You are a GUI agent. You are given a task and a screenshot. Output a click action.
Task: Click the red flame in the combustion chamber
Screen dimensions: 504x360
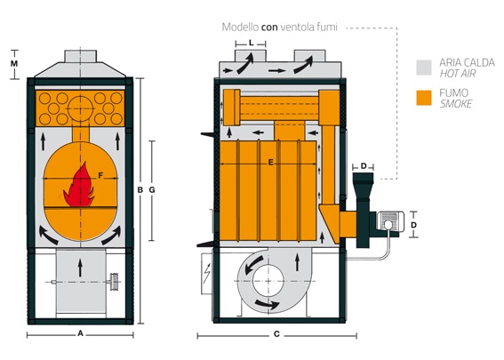[79, 187]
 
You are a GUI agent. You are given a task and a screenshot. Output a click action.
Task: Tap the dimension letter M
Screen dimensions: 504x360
[14, 64]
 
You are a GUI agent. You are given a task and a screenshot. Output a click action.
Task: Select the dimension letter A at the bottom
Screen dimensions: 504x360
[80, 333]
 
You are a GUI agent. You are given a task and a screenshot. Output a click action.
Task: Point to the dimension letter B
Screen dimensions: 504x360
[140, 190]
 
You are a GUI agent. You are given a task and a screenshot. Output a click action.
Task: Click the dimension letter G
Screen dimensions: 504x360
[152, 190]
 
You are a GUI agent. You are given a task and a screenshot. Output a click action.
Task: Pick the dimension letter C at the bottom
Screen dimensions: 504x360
[276, 334]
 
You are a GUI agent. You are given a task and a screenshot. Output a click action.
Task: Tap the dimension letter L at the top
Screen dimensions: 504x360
[251, 43]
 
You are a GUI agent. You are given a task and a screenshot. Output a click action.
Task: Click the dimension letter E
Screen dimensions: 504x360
[270, 163]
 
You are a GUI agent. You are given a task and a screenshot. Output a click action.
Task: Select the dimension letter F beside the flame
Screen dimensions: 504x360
[100, 175]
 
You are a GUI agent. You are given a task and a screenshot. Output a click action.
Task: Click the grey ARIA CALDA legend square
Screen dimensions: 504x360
[424, 68]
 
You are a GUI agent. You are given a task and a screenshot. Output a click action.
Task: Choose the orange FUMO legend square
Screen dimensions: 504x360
[424, 98]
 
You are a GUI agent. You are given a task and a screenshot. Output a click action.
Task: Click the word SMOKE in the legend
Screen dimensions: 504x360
[456, 104]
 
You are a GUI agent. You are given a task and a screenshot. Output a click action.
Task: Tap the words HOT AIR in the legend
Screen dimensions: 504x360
[458, 74]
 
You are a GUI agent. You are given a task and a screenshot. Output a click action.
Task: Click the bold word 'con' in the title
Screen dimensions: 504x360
[269, 27]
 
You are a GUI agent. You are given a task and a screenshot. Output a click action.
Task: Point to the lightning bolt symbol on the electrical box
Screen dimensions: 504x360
[207, 273]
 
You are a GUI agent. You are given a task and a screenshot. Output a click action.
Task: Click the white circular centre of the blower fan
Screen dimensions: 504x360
[268, 281]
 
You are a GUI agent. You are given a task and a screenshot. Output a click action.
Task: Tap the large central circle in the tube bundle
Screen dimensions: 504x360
[80, 108]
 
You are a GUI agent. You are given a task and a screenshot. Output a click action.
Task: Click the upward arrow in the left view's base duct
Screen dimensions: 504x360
[80, 268]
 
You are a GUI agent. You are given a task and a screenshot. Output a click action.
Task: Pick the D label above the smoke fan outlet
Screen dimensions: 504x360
[364, 166]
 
